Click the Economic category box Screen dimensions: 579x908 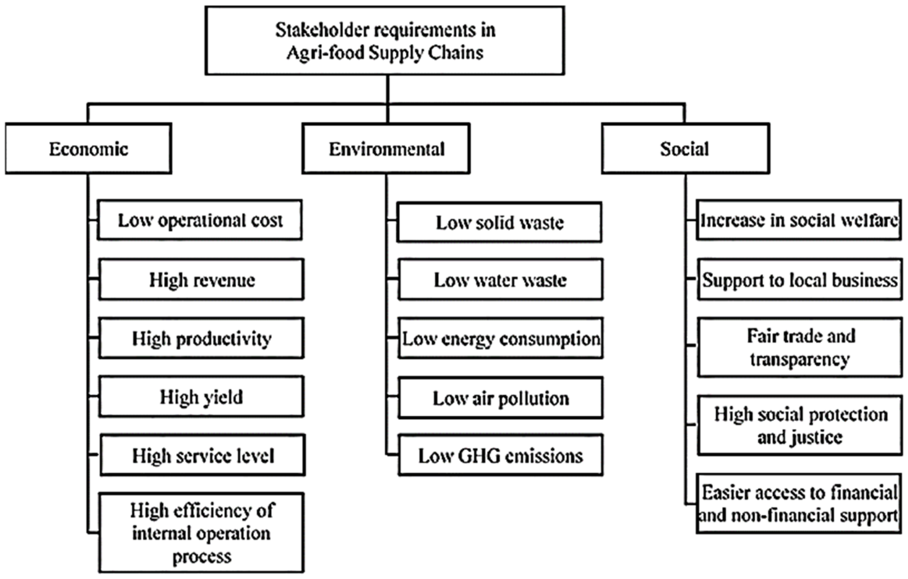click(x=88, y=149)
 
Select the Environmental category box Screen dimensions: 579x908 click(x=386, y=149)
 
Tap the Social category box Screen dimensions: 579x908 click(x=685, y=149)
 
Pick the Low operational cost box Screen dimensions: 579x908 click(x=200, y=220)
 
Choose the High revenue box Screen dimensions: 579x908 click(x=201, y=280)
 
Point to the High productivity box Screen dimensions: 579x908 click(x=201, y=338)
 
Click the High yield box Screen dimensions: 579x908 click(x=201, y=396)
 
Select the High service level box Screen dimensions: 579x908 click(x=202, y=455)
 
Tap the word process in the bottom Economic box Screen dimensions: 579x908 click(x=202, y=556)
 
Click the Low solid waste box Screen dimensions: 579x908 click(x=499, y=222)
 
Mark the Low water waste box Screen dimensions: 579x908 click(x=500, y=280)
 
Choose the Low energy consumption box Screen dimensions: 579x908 click(x=500, y=338)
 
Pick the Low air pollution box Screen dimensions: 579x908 click(x=500, y=398)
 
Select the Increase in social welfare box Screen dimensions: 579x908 click(x=799, y=220)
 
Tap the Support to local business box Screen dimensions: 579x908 click(x=799, y=280)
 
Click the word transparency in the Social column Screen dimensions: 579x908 click(x=799, y=359)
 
